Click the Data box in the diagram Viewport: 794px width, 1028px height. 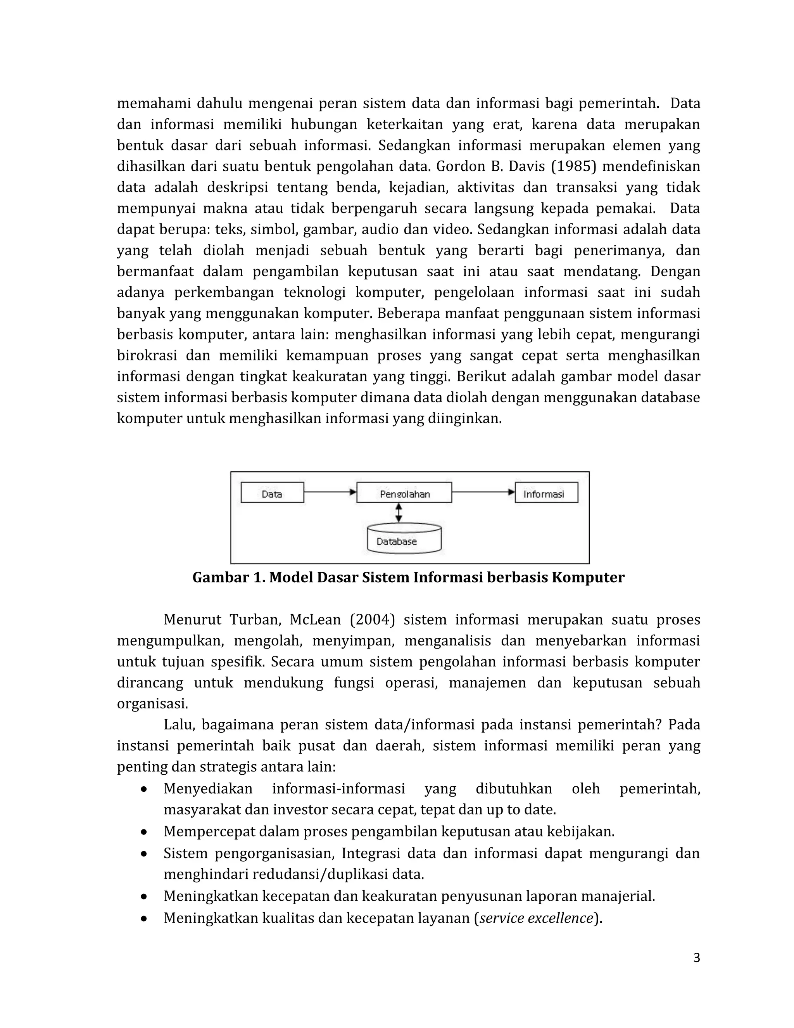click(272, 493)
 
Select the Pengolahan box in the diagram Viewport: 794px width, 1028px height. click(404, 493)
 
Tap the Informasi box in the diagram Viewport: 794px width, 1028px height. click(546, 493)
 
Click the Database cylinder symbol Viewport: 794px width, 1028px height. click(404, 538)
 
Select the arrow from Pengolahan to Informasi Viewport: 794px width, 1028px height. click(483, 492)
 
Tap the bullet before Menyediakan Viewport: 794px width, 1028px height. click(144, 789)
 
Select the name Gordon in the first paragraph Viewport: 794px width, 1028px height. click(461, 167)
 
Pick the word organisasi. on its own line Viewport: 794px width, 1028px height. click(152, 704)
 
